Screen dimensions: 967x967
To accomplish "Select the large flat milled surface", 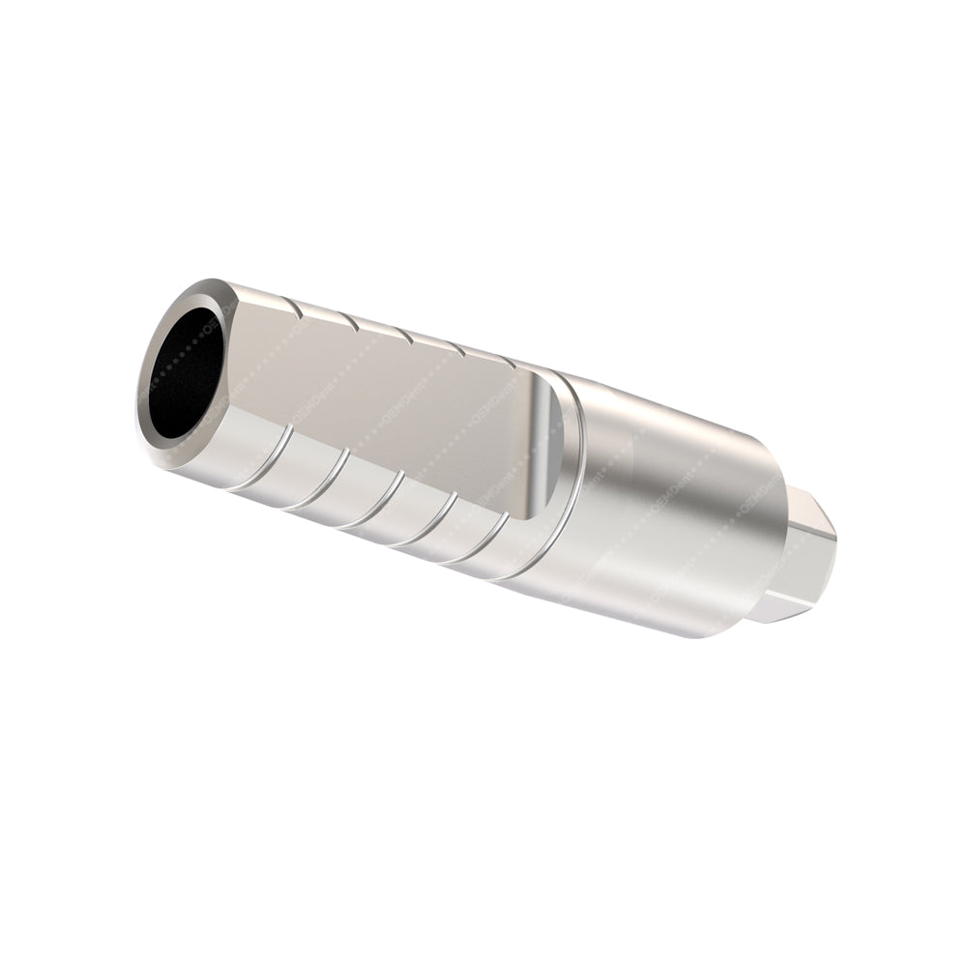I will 387,406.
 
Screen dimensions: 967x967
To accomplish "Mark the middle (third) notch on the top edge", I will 406,335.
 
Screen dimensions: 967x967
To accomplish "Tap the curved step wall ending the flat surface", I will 545,445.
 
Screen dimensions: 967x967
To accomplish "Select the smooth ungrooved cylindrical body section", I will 667,513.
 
